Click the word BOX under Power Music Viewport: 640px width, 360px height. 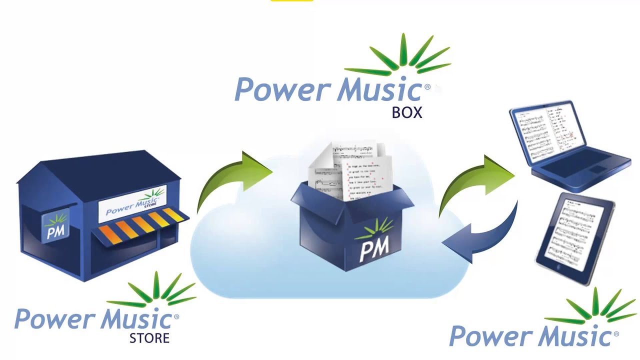[407, 113]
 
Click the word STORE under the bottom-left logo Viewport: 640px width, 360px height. [149, 338]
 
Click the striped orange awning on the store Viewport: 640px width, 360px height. [140, 225]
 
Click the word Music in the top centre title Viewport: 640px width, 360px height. [380, 90]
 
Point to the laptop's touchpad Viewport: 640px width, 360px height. [597, 170]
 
